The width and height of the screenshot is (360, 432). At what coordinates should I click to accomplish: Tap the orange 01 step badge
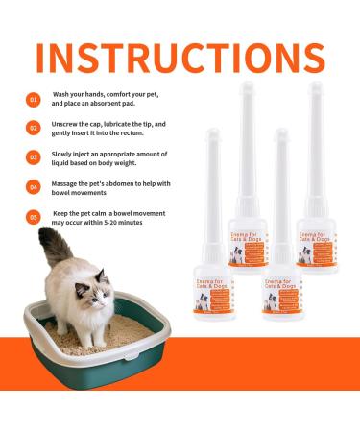(33, 98)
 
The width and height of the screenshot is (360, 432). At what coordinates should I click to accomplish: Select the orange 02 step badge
(33, 127)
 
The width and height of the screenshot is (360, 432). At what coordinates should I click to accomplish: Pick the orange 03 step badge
(33, 156)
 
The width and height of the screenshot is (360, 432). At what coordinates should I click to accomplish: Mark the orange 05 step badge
(33, 216)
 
